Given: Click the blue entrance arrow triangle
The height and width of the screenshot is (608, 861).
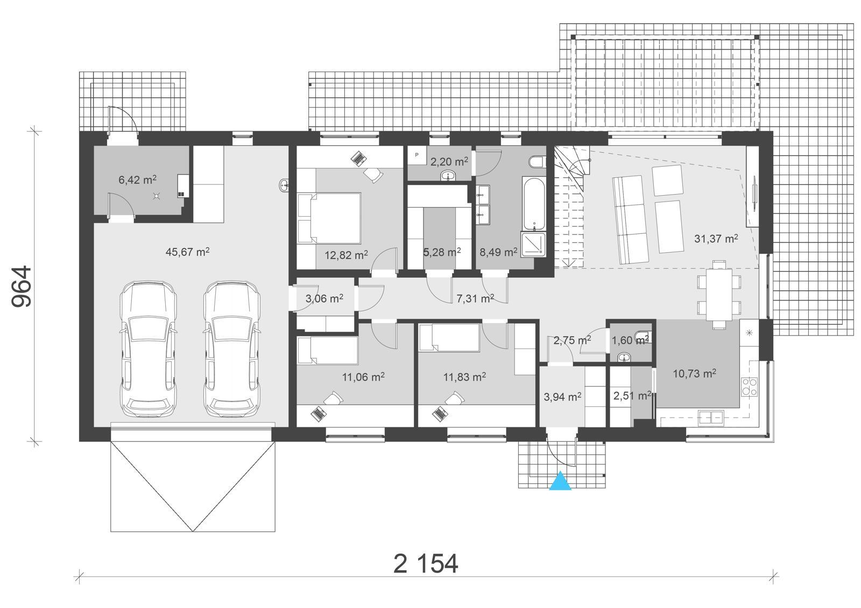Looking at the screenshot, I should pos(560,481).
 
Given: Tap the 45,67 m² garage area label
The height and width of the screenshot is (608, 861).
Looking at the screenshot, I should pos(187,252).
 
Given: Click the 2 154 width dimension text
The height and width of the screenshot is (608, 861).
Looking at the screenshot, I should pos(426,564).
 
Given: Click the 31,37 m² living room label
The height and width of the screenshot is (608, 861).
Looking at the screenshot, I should pos(715,239).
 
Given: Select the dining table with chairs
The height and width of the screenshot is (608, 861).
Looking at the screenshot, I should pos(718,294).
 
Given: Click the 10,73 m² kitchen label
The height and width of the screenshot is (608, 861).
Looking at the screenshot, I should pos(694,373).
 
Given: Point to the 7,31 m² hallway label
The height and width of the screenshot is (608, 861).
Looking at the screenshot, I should pos(475,298).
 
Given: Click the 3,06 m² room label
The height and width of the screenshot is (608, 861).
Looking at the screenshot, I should pos(324,298).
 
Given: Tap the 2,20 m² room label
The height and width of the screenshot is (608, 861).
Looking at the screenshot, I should pos(449,161).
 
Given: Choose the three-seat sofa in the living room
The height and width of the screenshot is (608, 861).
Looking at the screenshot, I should pos(629,220).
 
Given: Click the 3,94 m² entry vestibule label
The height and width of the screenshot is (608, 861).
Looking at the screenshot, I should pos(562,397).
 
